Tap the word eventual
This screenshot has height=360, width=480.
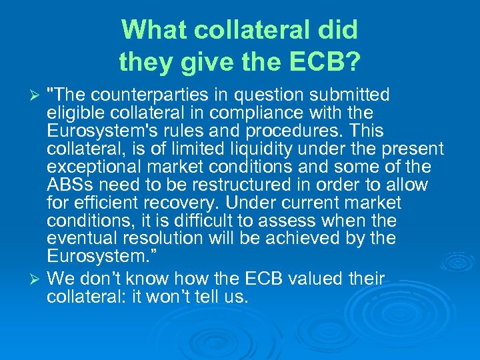click(x=77, y=239)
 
